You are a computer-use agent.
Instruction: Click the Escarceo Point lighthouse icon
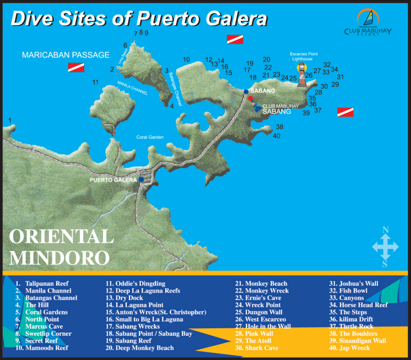click(302, 76)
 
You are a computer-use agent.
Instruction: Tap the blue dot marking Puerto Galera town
click(141, 179)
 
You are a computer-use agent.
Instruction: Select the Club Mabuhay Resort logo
click(368, 22)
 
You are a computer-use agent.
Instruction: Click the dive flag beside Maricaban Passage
click(76, 67)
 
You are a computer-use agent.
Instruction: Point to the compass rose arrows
click(385, 246)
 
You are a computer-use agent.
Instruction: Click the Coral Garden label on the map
click(150, 137)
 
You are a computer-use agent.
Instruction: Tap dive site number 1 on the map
click(10, 120)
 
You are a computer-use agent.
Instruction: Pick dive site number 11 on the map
click(96, 82)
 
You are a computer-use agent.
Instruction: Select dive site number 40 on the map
click(276, 136)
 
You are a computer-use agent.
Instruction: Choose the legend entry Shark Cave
click(261, 348)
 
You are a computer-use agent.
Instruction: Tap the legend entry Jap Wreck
click(354, 348)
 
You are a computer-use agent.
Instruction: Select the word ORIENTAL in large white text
click(61, 237)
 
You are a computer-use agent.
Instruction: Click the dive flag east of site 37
click(345, 112)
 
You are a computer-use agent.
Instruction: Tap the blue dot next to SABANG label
click(246, 92)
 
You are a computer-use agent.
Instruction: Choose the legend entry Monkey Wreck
click(267, 291)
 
